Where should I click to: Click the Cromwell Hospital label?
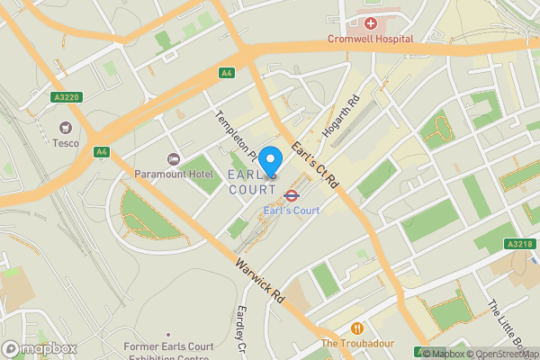coord(370,39)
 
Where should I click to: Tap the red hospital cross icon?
coord(370,22)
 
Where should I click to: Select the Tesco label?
coord(65,143)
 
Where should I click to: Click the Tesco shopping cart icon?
coord(65,127)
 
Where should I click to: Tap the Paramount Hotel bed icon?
coord(174,158)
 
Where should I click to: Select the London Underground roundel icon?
coord(292,194)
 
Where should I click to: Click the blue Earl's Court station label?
coord(292,211)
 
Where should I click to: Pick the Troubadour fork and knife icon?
coord(357,328)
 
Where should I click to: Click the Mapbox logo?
coord(38,348)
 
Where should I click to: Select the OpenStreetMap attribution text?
coord(507,354)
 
